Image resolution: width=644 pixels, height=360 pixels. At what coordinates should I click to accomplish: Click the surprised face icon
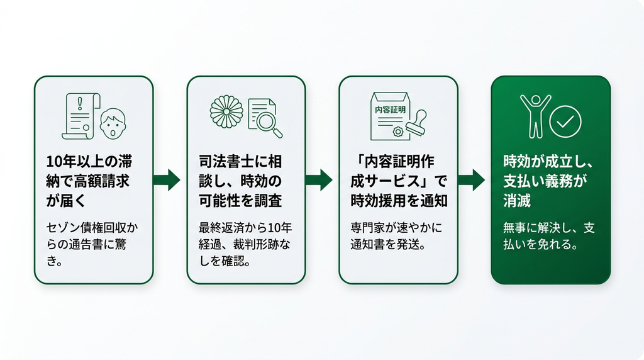(113, 124)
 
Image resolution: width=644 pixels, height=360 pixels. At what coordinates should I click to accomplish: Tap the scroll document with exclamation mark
(81, 116)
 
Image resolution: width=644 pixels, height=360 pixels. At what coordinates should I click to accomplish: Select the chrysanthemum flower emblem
(226, 112)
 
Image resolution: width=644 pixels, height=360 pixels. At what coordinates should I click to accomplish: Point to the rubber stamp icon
(416, 123)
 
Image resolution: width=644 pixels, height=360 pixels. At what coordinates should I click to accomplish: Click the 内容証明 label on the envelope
(390, 110)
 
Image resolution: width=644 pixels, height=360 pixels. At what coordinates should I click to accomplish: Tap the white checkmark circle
(565, 121)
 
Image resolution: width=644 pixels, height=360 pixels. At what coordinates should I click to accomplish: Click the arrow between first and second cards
(167, 179)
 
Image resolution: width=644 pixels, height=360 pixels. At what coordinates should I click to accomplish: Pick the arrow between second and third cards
(319, 179)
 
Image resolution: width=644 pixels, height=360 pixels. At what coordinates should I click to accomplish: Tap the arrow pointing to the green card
(471, 179)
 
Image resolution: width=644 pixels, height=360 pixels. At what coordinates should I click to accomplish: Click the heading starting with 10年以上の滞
(89, 181)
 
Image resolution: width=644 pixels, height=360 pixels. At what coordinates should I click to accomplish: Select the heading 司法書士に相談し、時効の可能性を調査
(241, 181)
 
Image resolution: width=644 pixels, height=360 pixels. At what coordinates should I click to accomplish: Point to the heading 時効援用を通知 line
(399, 201)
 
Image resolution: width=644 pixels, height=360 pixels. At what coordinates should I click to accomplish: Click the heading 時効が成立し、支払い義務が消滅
(548, 181)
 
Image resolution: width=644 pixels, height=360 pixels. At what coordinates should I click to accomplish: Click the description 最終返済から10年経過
(245, 236)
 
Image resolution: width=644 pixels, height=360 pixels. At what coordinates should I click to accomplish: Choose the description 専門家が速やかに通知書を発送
(396, 236)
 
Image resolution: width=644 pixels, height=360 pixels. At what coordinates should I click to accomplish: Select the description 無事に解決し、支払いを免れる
(548, 236)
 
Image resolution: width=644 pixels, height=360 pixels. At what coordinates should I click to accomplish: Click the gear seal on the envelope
(397, 132)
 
